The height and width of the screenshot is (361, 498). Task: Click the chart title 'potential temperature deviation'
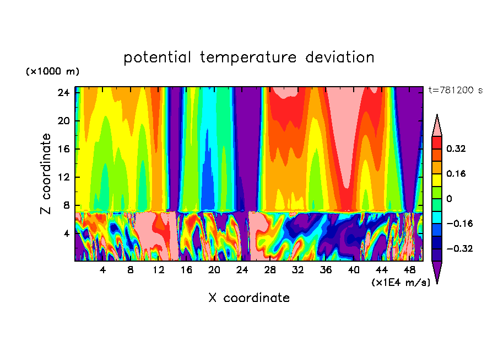249,57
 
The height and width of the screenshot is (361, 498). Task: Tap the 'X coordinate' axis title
249,298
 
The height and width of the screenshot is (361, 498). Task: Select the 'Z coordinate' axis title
46,174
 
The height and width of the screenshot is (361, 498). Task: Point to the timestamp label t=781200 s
455,91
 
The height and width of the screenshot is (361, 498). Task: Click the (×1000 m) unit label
52,72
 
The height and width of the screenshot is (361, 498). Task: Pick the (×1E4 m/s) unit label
400,283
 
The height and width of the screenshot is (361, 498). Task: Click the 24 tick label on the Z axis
62,93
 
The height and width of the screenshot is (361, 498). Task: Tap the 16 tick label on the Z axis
62,149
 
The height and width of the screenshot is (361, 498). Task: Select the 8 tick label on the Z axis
64,205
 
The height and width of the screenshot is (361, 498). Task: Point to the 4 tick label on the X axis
103,270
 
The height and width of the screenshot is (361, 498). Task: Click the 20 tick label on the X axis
214,270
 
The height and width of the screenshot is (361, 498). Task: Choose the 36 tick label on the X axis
326,270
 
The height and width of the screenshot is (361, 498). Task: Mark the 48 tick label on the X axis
410,270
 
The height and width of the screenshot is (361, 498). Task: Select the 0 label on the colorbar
449,199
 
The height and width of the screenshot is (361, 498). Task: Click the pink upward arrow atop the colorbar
437,126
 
